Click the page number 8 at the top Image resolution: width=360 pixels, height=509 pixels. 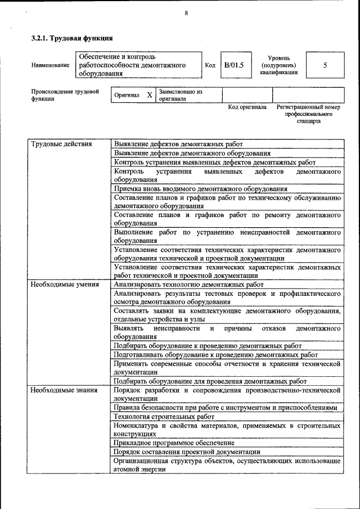click(x=186, y=14)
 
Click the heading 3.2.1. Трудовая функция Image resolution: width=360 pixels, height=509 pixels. click(x=72, y=38)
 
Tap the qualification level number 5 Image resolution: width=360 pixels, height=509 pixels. click(x=325, y=65)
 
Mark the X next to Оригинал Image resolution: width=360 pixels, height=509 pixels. click(x=150, y=95)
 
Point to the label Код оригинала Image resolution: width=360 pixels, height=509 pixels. click(x=247, y=107)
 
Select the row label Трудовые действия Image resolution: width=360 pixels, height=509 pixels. click(x=61, y=144)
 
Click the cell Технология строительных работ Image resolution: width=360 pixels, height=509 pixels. click(x=164, y=417)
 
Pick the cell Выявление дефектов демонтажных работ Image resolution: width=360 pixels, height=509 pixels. click(x=178, y=145)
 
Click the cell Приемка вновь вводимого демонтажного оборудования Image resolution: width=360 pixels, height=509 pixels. click(x=200, y=189)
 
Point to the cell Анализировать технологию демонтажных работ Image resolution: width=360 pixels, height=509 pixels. click(x=188, y=285)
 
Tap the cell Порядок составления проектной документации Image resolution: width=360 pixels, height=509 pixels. click(x=187, y=452)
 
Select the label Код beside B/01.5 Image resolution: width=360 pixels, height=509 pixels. click(x=210, y=66)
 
